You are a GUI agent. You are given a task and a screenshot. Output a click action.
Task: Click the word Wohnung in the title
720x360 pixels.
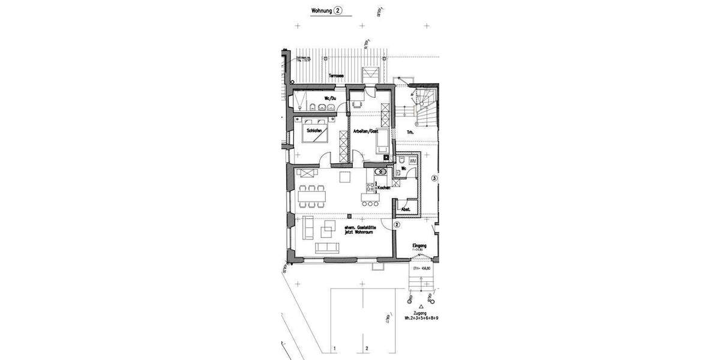pos(322,11)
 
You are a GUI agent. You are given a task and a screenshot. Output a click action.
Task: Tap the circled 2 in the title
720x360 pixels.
pos(338,11)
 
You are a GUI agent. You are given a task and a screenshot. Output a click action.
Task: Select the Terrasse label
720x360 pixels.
pos(335,76)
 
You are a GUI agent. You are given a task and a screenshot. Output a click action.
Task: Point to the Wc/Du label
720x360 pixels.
pos(331,98)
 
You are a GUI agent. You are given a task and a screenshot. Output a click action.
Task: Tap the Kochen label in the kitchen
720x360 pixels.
pos(384,188)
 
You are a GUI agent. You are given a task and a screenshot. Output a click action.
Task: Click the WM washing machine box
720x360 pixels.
pos(413,160)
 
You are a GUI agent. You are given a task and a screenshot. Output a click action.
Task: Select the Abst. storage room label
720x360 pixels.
pos(406,209)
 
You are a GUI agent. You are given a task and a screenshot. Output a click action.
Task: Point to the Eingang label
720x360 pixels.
pos(419,245)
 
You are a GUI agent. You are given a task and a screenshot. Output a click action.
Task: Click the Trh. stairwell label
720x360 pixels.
pos(410,132)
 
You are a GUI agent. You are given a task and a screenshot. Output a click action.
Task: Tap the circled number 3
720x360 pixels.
pos(434,178)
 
